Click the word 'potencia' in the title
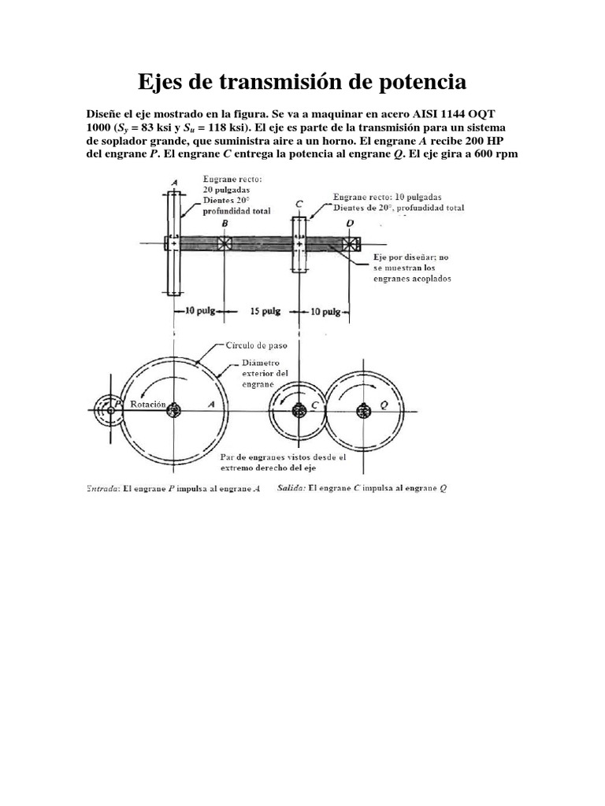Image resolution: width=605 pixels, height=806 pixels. pos(415,81)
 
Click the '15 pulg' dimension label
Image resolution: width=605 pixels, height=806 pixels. pos(265,312)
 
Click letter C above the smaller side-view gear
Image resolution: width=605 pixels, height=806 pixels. pos(299,204)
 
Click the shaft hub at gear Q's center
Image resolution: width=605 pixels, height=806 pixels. pos(363,409)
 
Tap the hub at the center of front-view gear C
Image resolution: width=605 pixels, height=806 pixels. pos(299,409)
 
